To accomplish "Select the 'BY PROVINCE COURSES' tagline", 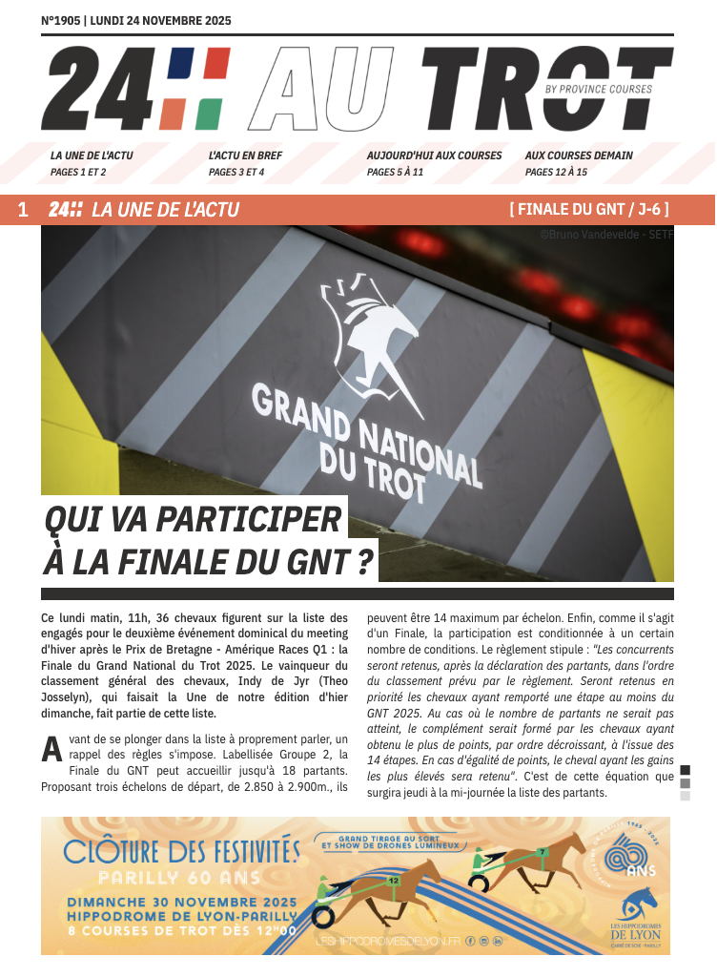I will [598, 90].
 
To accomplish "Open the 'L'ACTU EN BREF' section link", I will [245, 156].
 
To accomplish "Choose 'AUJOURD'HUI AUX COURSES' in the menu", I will [434, 156].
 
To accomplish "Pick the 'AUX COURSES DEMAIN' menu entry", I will [579, 156].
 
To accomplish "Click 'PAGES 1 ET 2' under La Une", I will [78, 173].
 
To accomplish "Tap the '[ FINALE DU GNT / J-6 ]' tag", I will [589, 210].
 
